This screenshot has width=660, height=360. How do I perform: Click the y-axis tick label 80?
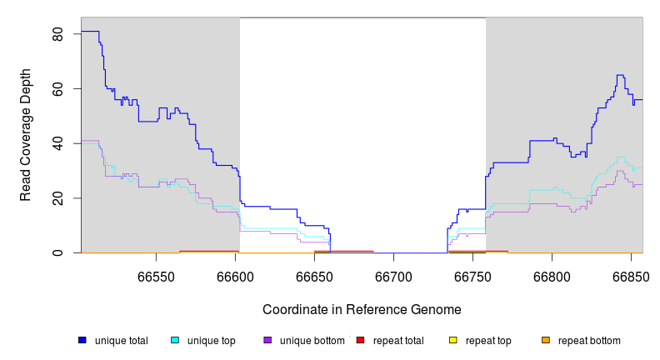[57, 34]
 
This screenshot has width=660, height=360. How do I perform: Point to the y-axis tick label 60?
[57, 88]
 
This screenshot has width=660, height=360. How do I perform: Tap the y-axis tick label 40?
[57, 143]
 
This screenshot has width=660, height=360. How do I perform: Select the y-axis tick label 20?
[57, 197]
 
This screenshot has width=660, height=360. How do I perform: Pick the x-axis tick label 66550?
[157, 277]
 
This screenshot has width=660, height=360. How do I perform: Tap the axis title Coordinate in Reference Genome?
[362, 309]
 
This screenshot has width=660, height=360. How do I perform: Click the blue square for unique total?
[82, 340]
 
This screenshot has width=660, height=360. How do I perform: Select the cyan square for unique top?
[175, 340]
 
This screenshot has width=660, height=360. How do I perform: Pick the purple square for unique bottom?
[267, 340]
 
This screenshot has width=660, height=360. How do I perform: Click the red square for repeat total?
[360, 340]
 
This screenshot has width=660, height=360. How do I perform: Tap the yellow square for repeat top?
[453, 340]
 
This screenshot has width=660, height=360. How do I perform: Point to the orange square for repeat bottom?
[546, 340]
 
